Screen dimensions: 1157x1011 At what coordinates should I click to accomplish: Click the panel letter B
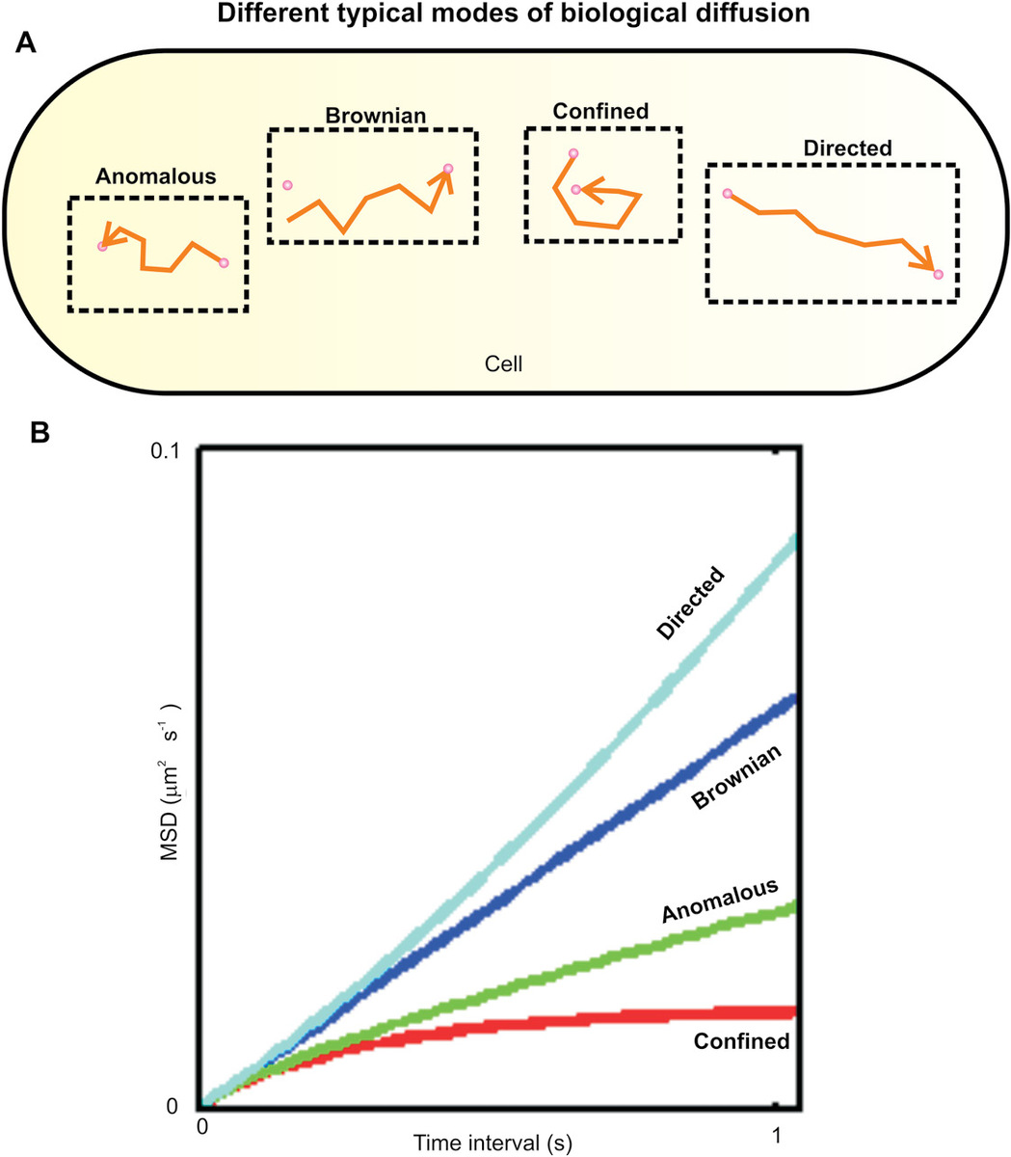pos(40,433)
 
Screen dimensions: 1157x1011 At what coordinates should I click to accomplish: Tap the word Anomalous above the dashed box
pos(155,176)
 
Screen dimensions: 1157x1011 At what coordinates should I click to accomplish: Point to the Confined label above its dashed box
pos(600,111)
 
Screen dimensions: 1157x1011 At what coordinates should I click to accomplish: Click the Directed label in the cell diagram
pos(848,148)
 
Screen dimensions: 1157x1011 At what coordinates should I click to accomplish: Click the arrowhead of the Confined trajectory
pos(590,193)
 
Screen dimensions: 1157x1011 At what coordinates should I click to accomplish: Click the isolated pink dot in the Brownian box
pos(287,184)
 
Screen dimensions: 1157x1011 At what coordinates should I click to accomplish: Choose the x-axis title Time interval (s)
pos(492,1144)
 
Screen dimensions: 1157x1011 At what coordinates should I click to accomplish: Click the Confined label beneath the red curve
pos(741,1041)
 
